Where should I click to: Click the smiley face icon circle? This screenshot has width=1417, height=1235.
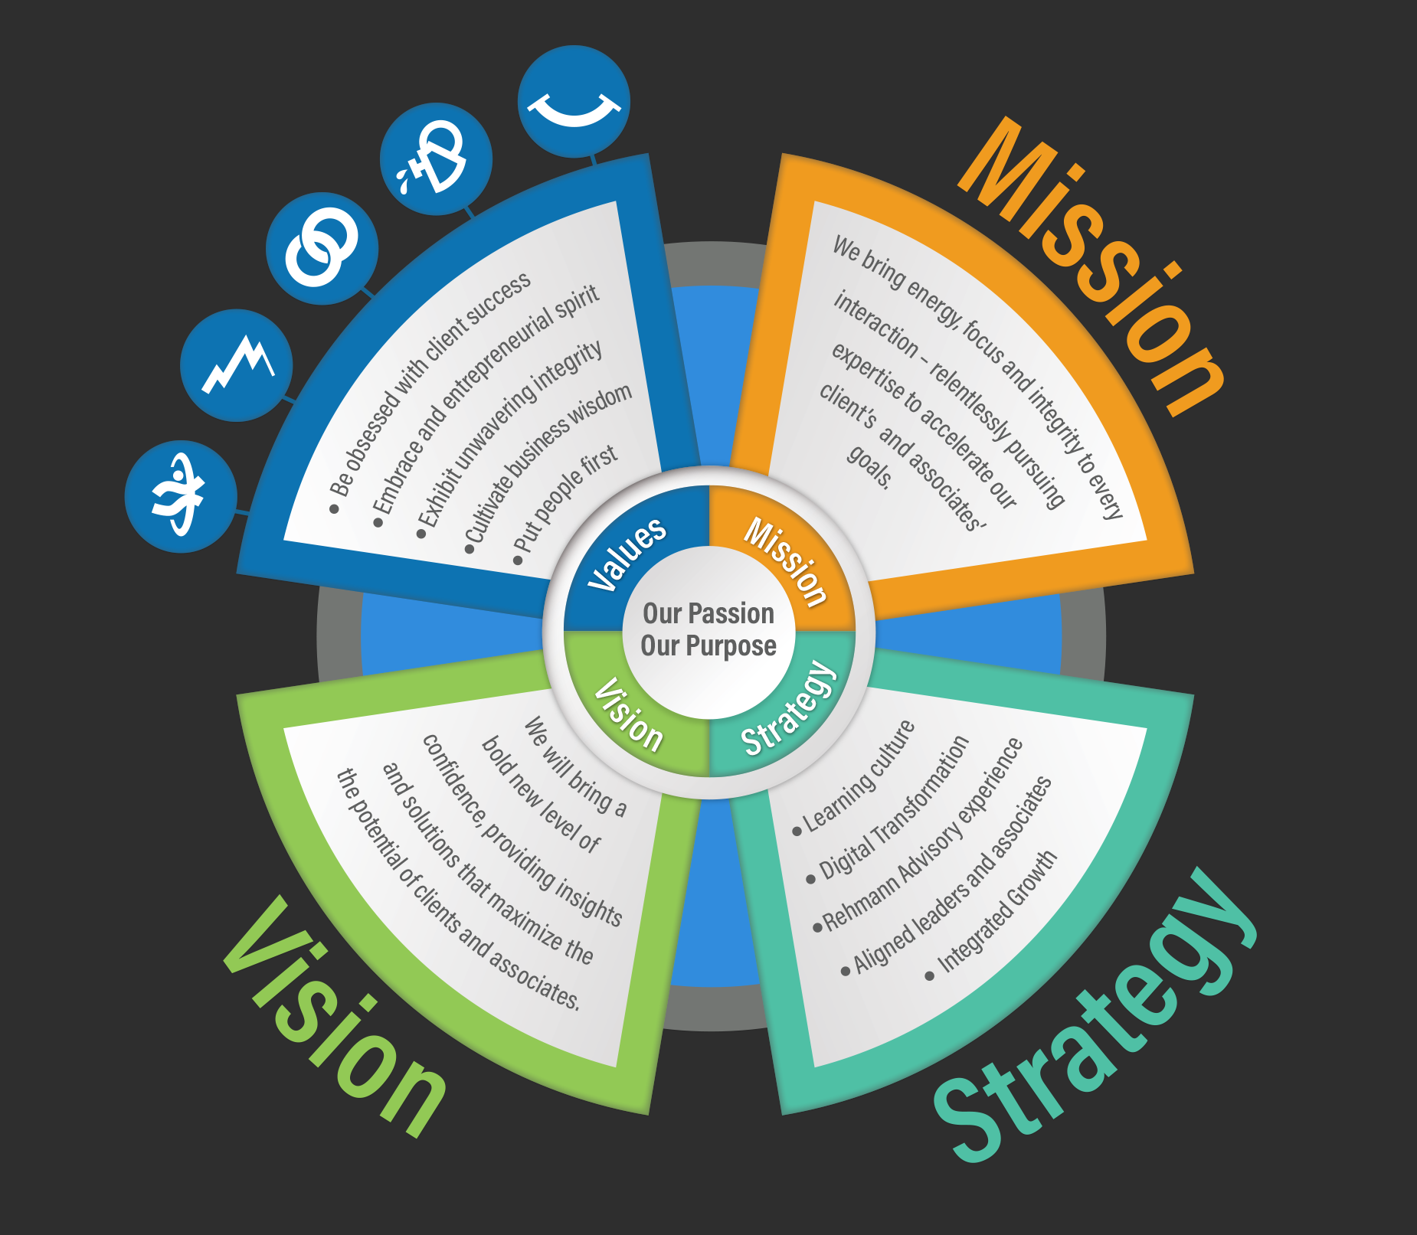(x=574, y=102)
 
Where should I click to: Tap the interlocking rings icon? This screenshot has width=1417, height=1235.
(x=322, y=248)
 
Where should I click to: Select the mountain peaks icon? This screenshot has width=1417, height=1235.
(x=237, y=365)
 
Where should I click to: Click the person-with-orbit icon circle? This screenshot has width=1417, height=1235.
(x=181, y=496)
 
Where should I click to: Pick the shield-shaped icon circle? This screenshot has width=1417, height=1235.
(x=436, y=159)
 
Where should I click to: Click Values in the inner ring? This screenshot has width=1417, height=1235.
(x=627, y=553)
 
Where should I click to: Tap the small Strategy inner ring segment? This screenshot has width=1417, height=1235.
(x=789, y=709)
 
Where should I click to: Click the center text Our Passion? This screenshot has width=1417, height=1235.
(x=708, y=613)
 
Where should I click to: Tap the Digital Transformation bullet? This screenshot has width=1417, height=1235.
(x=892, y=809)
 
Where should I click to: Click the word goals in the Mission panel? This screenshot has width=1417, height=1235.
(x=870, y=466)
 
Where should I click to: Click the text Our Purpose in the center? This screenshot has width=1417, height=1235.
(x=708, y=646)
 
